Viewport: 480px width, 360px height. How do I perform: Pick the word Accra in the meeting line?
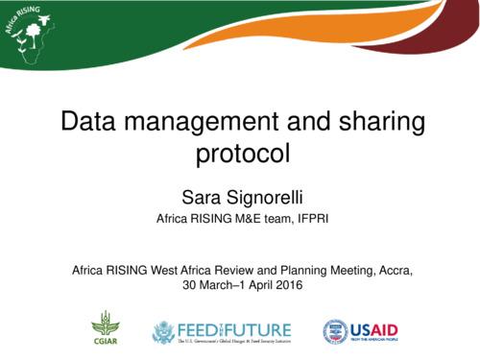[394, 270]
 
